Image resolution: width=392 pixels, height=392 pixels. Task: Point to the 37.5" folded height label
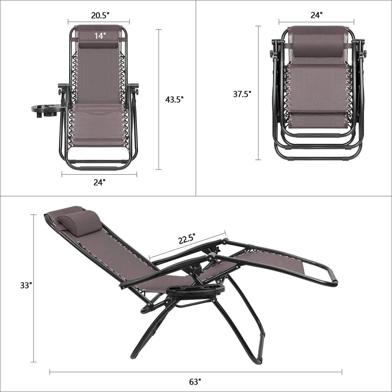coord(242,94)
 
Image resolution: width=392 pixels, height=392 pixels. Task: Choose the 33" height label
coord(26,286)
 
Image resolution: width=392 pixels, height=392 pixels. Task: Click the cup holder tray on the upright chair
coord(47,111)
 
